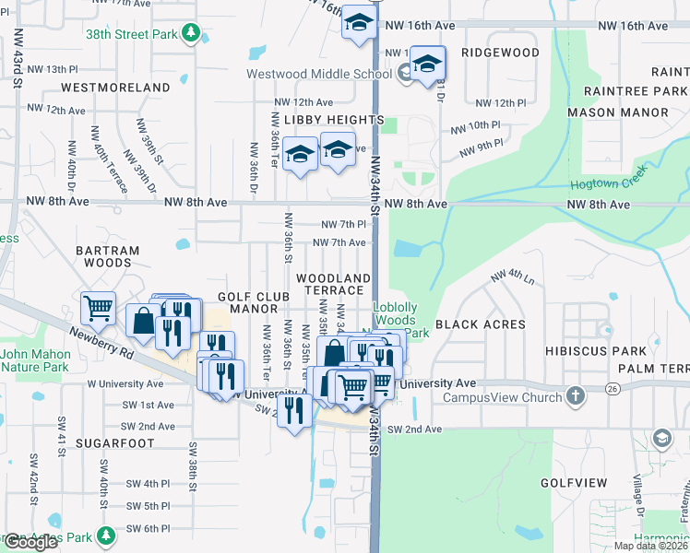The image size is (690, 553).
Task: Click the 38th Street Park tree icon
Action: (191, 34)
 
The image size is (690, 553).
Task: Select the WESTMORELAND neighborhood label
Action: (115, 88)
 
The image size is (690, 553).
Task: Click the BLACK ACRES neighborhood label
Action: (480, 324)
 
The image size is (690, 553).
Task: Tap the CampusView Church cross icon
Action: (576, 396)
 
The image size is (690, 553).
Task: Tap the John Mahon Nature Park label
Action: (35, 360)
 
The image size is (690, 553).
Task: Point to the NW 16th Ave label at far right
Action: (632, 26)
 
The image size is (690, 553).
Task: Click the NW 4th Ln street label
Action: (514, 275)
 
